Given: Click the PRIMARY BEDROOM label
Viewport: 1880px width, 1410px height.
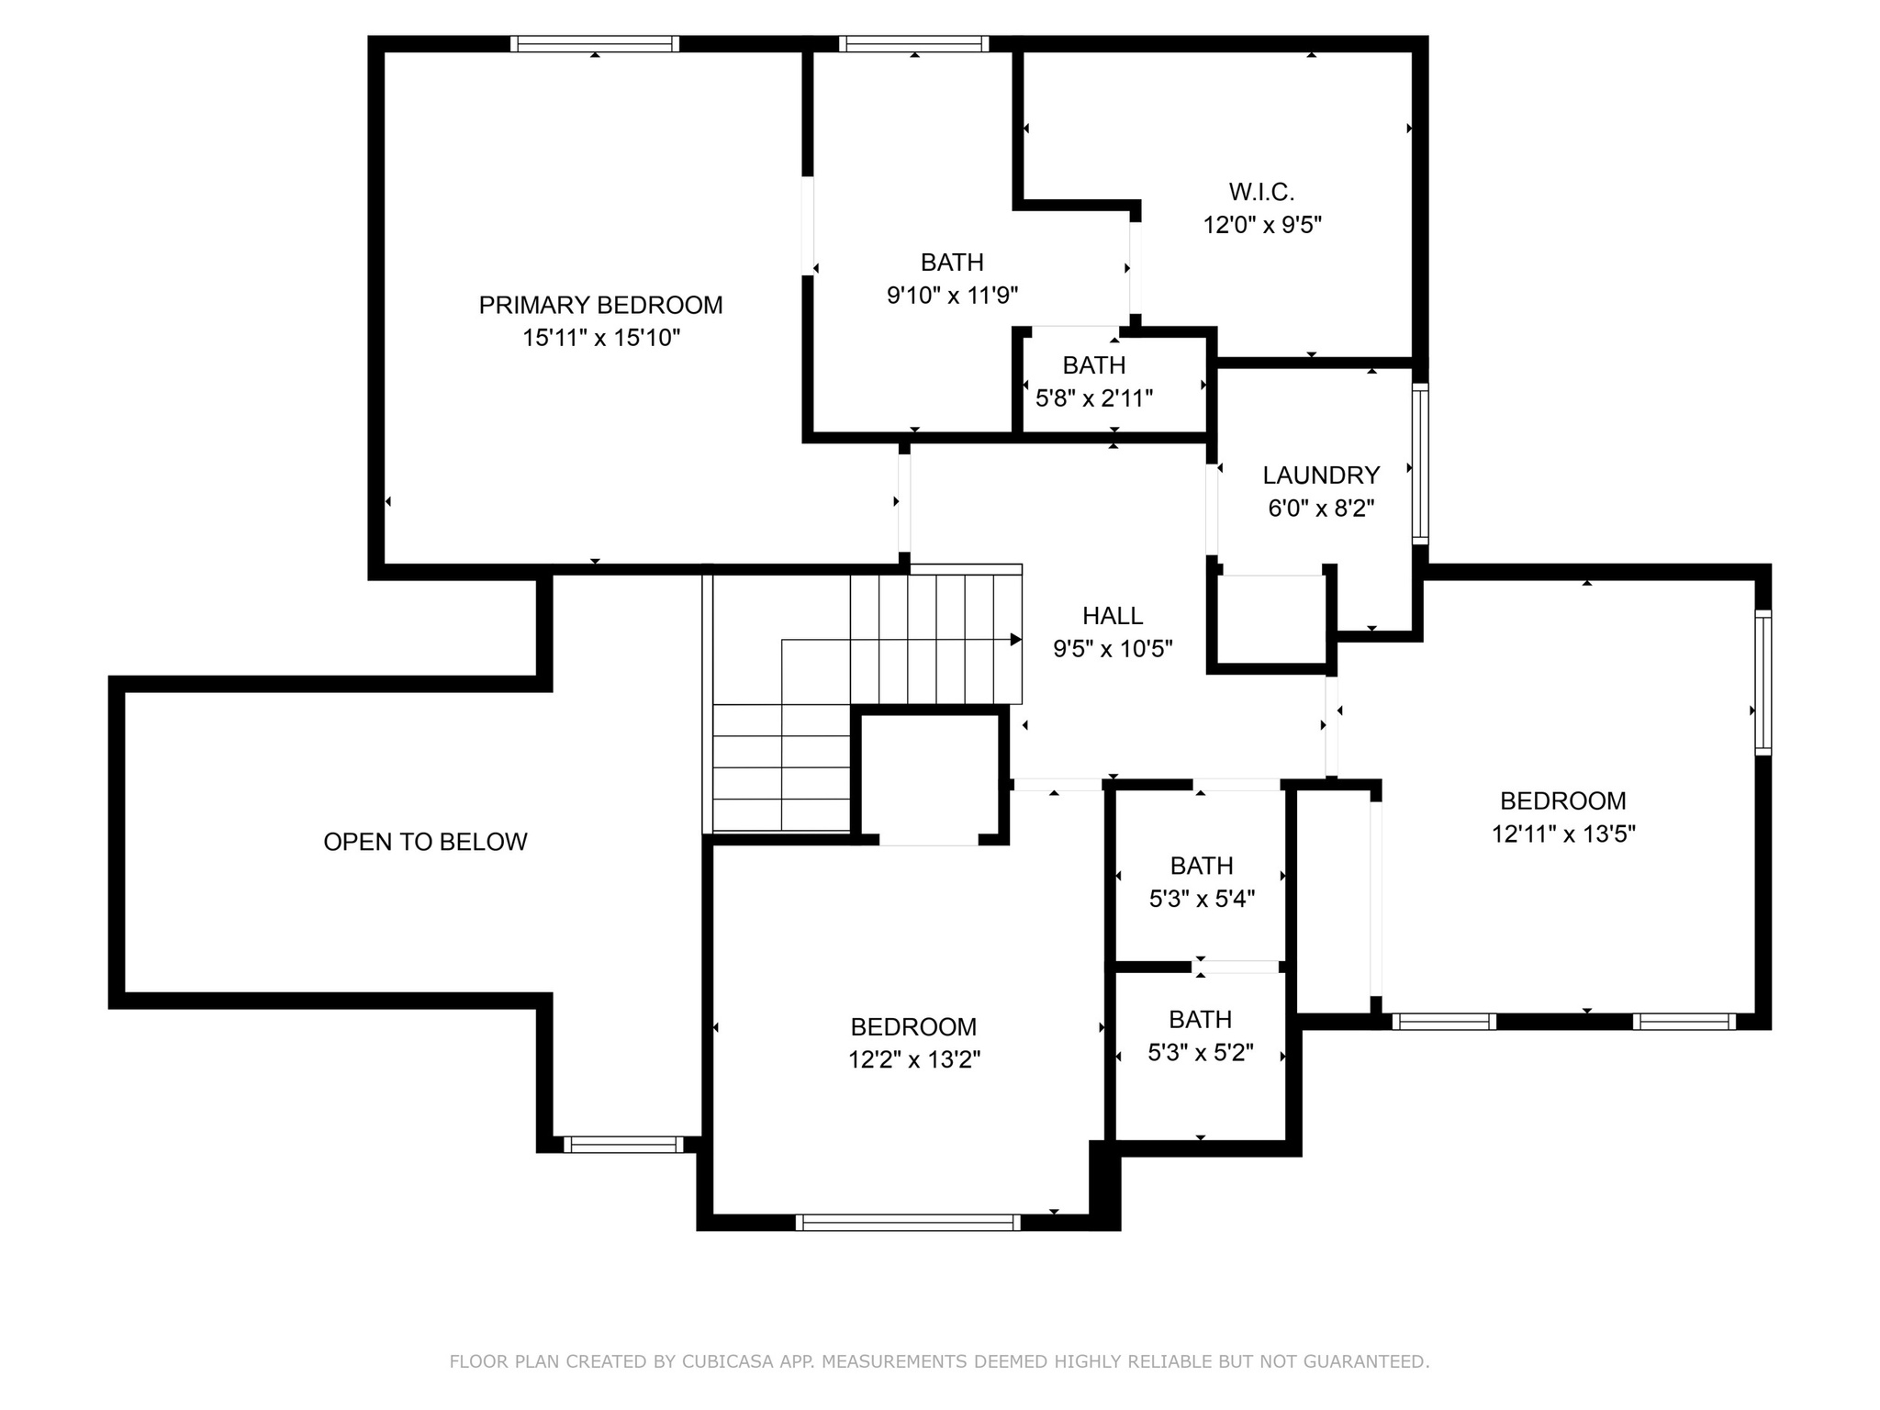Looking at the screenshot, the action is click(x=600, y=305).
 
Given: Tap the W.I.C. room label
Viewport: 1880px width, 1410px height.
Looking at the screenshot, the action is click(x=1261, y=192).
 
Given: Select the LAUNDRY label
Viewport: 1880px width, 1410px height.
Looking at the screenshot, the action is click(x=1321, y=475).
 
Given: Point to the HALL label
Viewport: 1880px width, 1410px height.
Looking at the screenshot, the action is click(x=1113, y=615).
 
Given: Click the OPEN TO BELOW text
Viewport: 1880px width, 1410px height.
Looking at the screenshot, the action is click(x=425, y=842).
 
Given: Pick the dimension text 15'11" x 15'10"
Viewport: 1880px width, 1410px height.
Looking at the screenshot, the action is click(x=601, y=338).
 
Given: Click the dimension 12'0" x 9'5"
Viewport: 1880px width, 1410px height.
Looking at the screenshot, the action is click(x=1262, y=225).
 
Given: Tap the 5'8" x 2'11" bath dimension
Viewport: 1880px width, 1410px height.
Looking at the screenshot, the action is click(x=1094, y=398).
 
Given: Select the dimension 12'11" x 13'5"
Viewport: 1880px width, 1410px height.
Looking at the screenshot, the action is click(x=1563, y=834).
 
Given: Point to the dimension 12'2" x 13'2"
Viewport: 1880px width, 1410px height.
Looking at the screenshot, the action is click(x=914, y=1059).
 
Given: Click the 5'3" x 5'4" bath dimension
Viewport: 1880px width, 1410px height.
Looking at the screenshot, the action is click(x=1202, y=899).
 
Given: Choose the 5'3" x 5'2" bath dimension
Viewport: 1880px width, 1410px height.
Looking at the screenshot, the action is click(x=1201, y=1052).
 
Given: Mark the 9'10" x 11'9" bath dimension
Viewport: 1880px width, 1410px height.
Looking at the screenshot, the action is click(x=952, y=295).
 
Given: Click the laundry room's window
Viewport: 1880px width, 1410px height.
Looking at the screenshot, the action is click(x=1420, y=464).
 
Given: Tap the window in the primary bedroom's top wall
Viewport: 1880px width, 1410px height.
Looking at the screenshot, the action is click(x=595, y=43).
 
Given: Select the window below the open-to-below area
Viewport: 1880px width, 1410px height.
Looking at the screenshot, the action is click(x=623, y=1144).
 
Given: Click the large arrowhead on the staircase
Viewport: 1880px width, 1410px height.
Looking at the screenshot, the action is click(x=1016, y=640).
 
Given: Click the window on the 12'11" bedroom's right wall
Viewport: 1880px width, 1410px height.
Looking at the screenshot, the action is click(x=1762, y=682).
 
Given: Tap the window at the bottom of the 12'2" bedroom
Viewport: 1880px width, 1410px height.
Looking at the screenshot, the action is click(x=908, y=1222).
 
